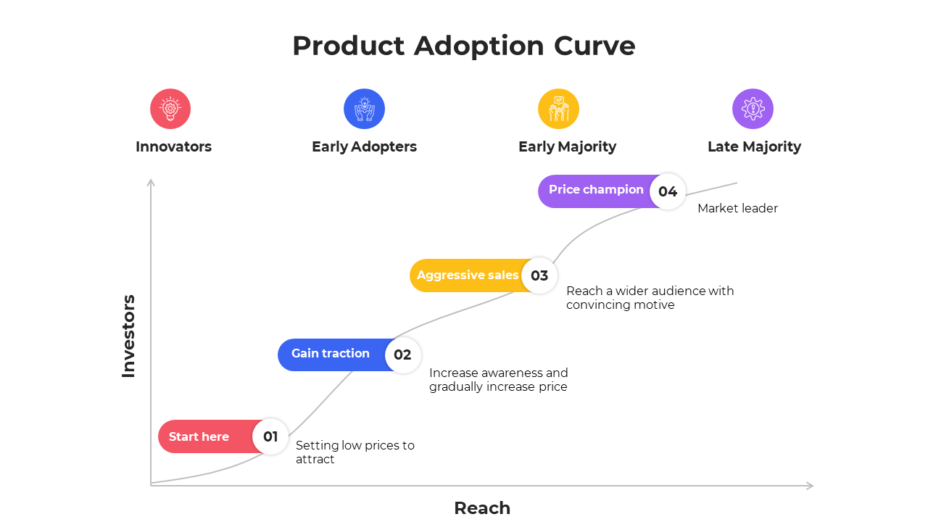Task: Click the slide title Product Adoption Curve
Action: (x=464, y=46)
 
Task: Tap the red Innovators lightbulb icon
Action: (x=170, y=109)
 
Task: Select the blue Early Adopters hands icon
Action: (x=364, y=109)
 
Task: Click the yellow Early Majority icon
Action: (x=558, y=109)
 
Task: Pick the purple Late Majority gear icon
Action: (x=753, y=109)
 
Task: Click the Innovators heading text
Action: (x=173, y=146)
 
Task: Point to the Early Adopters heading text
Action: (x=364, y=146)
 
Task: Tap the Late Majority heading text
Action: (x=754, y=146)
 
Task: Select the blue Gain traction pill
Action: (x=331, y=354)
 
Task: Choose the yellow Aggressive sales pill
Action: (x=466, y=275)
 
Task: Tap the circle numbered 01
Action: (x=270, y=436)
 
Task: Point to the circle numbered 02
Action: (x=402, y=355)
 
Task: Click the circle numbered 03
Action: (x=539, y=275)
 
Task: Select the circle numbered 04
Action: (x=668, y=191)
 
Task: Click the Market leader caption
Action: (x=737, y=209)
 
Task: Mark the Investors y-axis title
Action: (x=128, y=336)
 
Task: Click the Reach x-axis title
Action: (x=482, y=507)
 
